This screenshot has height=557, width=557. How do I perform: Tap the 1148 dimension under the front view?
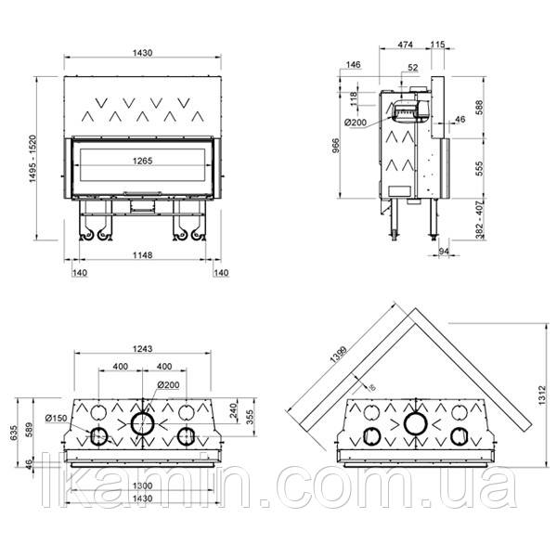[x=142, y=256]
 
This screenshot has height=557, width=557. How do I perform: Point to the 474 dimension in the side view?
[x=405, y=45]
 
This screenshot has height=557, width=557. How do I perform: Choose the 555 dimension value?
[x=481, y=167]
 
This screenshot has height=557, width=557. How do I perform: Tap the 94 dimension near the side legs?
[x=443, y=252]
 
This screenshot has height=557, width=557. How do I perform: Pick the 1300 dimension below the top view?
[x=142, y=486]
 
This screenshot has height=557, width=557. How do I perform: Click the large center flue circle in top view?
[x=143, y=424]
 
